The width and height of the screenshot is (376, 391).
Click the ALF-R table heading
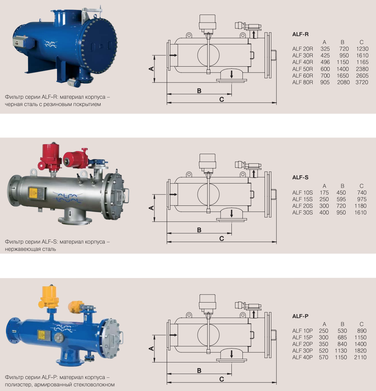(x=300, y=34)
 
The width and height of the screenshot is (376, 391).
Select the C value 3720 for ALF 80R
(x=362, y=82)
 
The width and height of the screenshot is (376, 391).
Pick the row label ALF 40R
(x=302, y=62)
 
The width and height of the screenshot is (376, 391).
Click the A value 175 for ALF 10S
(x=324, y=193)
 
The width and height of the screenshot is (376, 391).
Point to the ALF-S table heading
(x=300, y=178)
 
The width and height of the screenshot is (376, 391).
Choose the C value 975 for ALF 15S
(x=362, y=199)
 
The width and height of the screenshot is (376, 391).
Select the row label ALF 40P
(x=302, y=357)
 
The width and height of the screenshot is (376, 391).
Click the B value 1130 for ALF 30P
(x=341, y=351)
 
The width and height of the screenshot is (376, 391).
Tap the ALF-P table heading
(x=300, y=316)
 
